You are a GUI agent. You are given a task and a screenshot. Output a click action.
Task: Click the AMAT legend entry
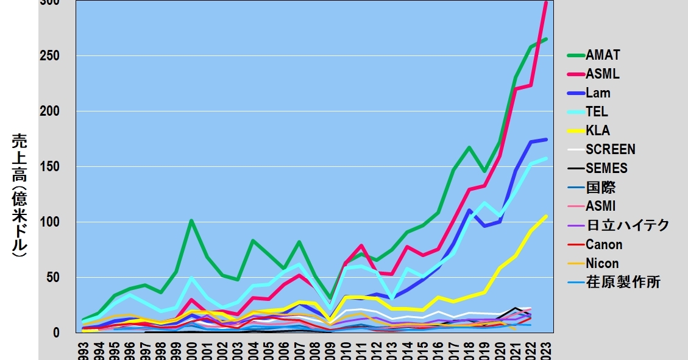coord(603,55)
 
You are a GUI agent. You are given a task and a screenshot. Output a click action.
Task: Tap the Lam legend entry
coord(598,93)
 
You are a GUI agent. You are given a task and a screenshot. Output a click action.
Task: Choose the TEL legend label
coord(597,112)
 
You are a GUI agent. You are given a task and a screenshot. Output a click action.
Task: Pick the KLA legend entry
coord(597,131)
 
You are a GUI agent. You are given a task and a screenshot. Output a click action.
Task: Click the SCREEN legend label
coord(610,150)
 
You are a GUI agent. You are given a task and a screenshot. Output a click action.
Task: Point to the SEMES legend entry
coord(606,169)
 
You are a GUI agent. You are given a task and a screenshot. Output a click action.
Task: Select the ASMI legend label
coord(600,206)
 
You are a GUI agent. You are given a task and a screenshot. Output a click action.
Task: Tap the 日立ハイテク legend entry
coord(627,225)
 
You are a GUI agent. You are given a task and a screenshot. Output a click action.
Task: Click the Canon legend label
coord(604,245)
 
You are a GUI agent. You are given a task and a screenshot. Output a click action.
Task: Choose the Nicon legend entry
coord(602,264)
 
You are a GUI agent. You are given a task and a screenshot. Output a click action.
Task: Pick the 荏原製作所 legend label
coord(623,283)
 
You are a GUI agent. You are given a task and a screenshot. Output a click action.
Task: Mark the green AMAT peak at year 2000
coord(191,221)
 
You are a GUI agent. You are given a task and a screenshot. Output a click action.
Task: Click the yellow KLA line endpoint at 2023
coord(546,216)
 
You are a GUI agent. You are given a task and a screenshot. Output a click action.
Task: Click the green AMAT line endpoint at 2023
coord(546,39)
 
